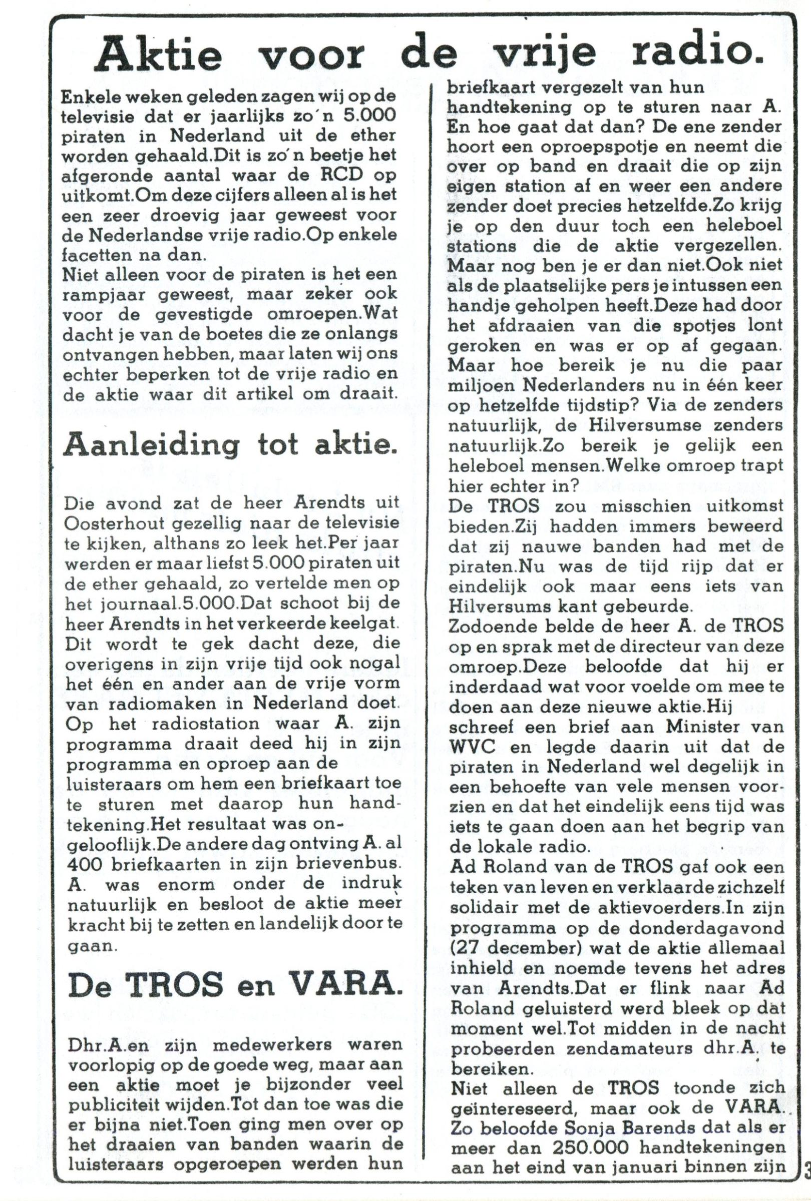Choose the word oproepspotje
pos(574,146)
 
